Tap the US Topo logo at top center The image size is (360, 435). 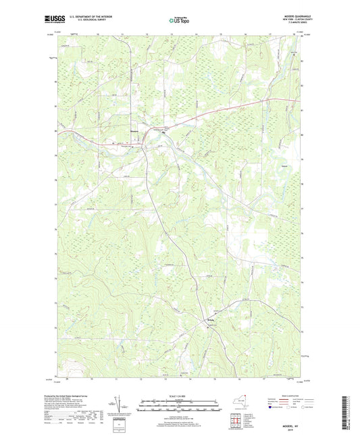179,20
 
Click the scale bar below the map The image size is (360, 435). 180,403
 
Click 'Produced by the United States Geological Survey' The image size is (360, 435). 81,395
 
